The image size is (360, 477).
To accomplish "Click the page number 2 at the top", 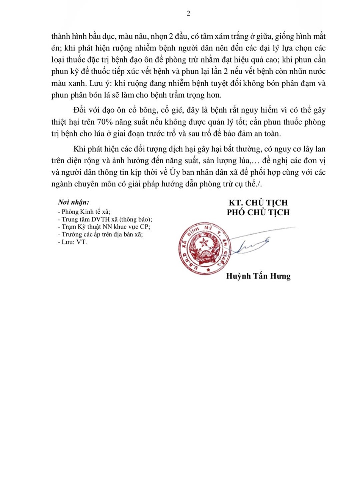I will [x=188, y=14].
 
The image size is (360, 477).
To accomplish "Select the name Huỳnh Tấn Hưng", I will [x=258, y=276].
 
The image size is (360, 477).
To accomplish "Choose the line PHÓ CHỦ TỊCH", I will [x=258, y=212].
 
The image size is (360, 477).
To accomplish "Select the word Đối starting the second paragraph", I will [x=80, y=110].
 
